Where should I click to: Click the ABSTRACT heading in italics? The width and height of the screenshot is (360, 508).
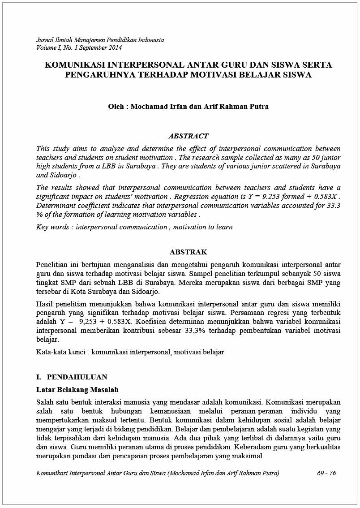click(x=188, y=136)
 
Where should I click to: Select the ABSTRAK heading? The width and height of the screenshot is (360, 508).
click(x=188, y=252)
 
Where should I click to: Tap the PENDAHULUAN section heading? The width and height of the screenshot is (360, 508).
click(x=77, y=377)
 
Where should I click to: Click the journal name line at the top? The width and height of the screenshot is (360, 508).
click(x=100, y=40)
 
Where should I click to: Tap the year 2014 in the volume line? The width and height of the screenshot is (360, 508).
click(x=114, y=47)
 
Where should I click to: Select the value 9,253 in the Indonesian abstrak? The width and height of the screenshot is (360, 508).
click(x=89, y=322)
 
